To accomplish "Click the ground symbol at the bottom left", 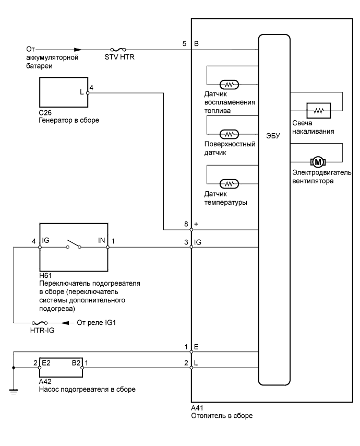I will pos(14,389).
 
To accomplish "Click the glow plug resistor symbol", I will pos(317,111).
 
